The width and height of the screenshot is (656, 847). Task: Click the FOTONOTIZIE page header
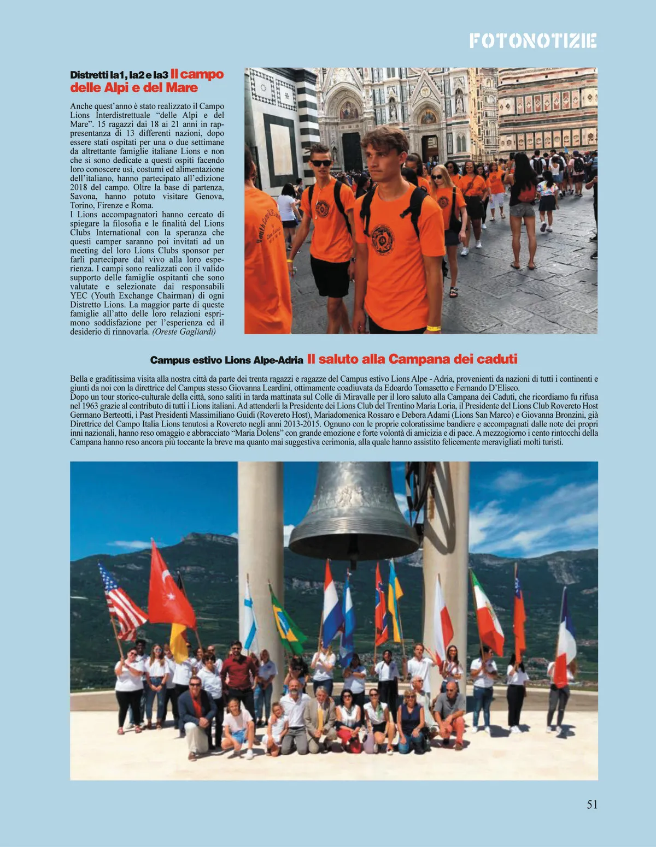pos(532,41)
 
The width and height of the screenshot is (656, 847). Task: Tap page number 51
pos(592,804)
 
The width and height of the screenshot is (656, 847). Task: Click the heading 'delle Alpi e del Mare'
pos(134,88)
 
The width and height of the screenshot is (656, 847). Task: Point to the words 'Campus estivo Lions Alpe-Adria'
pos(226,360)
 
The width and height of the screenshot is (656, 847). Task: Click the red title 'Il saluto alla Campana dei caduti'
pos(412,359)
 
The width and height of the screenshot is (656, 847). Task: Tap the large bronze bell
pos(354,513)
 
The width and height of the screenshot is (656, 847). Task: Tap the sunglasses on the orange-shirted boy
pos(321,163)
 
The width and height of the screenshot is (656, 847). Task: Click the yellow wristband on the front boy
pos(434,328)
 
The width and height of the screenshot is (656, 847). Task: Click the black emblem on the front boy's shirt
pos(383,240)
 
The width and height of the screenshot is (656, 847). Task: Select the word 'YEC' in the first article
pos(79,295)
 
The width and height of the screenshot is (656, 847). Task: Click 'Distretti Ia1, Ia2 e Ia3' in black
pos(119,75)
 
